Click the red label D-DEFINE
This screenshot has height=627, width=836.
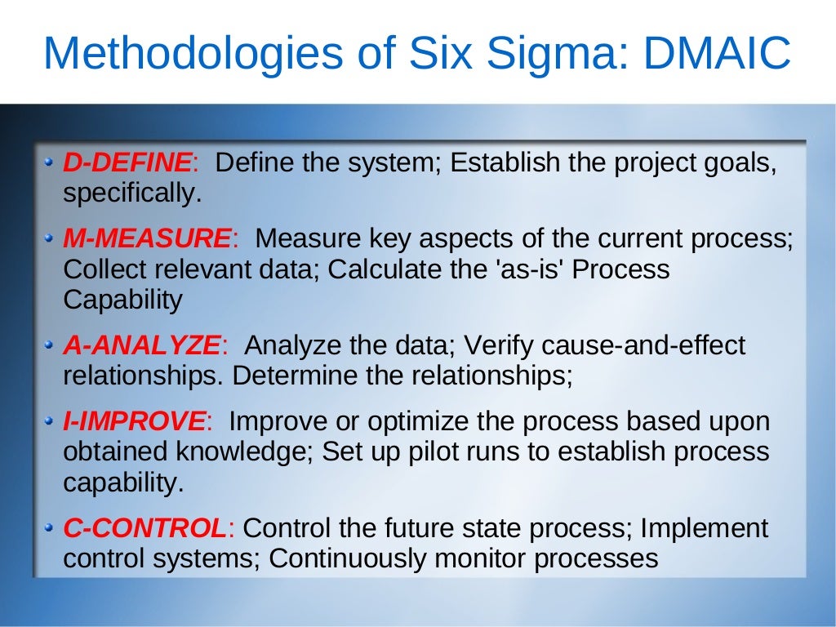[x=128, y=162]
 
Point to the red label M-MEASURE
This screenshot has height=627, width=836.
[x=148, y=238]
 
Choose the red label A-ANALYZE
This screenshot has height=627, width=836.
[x=141, y=345]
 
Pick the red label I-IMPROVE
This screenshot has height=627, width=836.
[x=135, y=421]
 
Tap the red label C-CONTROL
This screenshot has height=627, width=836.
[x=145, y=528]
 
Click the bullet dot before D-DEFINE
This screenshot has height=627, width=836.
[x=51, y=162]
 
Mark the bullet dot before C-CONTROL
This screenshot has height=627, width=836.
[x=51, y=528]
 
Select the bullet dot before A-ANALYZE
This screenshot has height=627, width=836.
[x=51, y=345]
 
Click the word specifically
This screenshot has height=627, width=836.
[x=131, y=194]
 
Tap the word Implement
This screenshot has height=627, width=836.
[x=704, y=528]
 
